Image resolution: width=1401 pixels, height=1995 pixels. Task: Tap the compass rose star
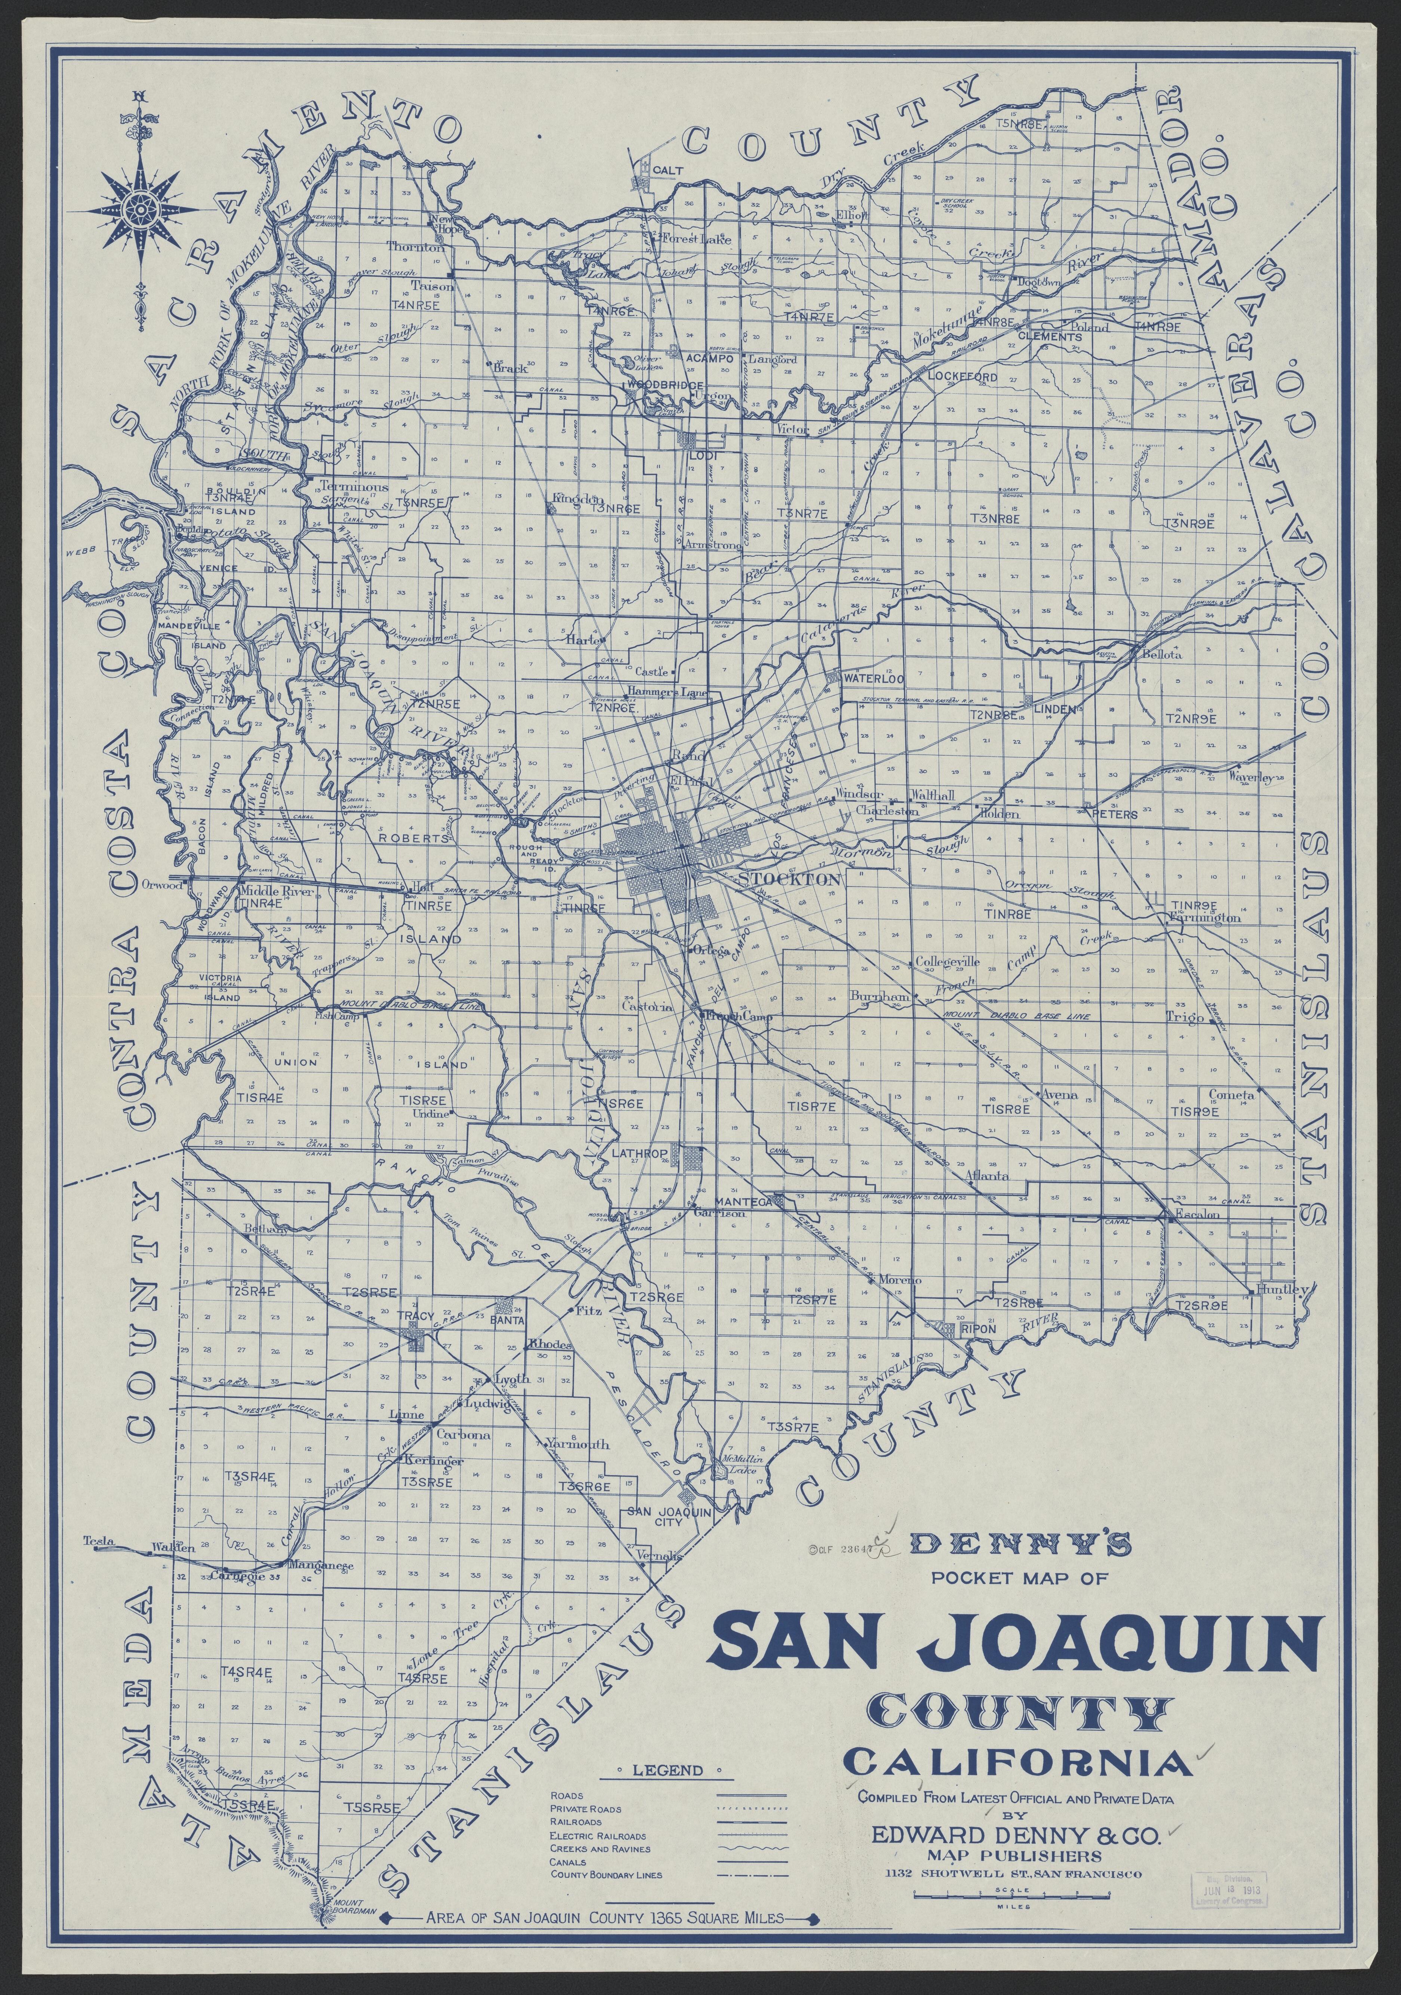click(139, 207)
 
